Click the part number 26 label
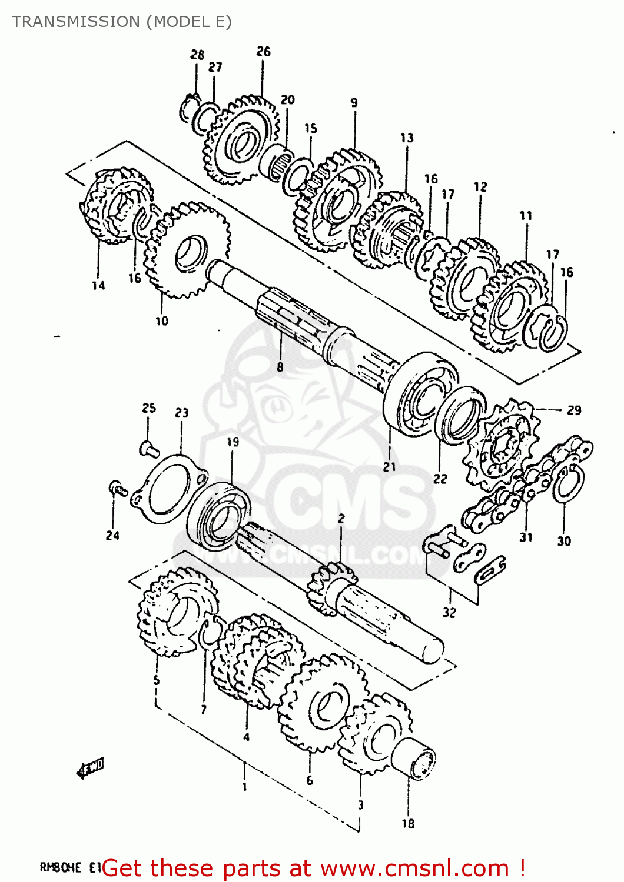[263, 52]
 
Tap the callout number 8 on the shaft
[280, 367]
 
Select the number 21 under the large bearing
[389, 467]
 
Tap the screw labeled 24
[117, 488]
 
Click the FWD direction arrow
[91, 768]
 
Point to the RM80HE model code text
[60, 867]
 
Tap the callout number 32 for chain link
[449, 613]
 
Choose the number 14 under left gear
[98, 286]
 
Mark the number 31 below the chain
[526, 537]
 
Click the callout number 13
[407, 138]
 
